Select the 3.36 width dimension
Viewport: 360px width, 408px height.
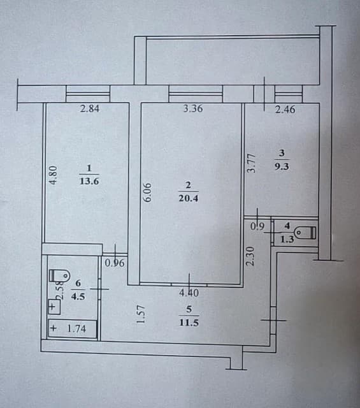pyautogui.click(x=192, y=108)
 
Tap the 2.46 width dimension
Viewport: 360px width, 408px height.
pyautogui.click(x=285, y=110)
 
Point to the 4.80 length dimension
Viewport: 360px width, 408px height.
pyautogui.click(x=54, y=175)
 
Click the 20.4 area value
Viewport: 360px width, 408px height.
pyautogui.click(x=189, y=198)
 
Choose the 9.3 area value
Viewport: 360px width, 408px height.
pyautogui.click(x=282, y=166)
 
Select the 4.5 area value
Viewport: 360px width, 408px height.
pyautogui.click(x=79, y=295)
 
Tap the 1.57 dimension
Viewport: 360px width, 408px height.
pyautogui.click(x=142, y=314)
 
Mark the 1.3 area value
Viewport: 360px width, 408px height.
pyautogui.click(x=287, y=240)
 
